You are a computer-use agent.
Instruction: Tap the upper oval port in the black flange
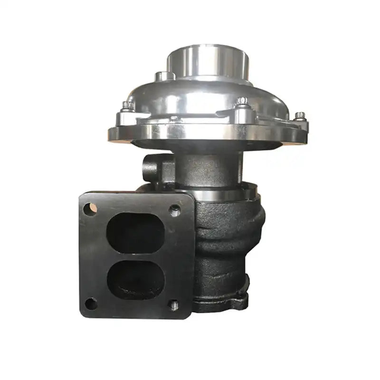[135, 232]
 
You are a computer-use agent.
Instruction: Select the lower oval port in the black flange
[136, 280]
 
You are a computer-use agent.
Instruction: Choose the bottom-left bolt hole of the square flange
[91, 303]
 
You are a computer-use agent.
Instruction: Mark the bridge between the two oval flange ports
[135, 256]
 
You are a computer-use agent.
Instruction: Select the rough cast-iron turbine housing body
[228, 242]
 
